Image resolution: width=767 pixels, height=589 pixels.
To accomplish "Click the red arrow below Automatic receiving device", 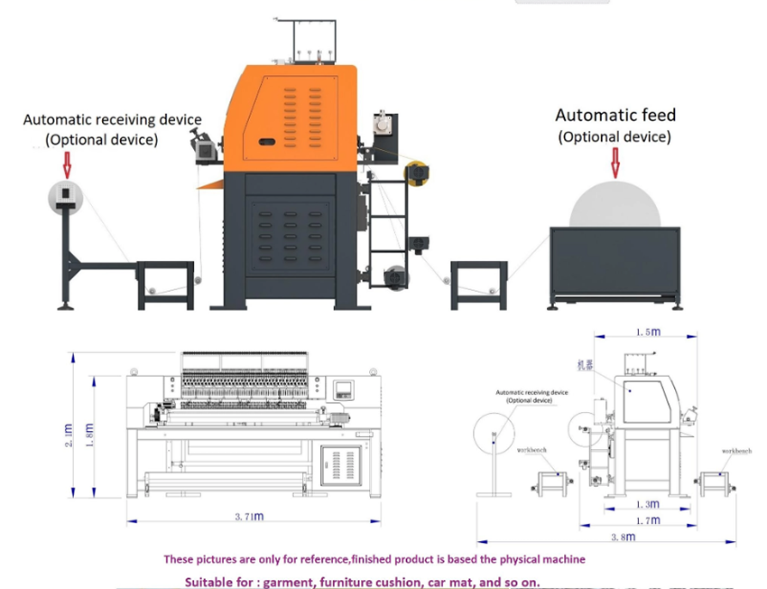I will (67, 164).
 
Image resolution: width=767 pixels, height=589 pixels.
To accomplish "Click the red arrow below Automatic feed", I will (615, 163).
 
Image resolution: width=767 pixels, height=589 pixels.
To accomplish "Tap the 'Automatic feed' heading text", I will (615, 116).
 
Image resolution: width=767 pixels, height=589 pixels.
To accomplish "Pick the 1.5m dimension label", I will (646, 332).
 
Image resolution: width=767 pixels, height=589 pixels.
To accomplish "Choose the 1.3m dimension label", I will (647, 503).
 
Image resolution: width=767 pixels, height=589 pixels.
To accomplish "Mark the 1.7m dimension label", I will (647, 520).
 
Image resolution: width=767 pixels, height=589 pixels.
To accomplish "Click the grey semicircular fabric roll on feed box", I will (615, 206).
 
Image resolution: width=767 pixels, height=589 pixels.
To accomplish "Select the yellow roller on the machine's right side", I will (417, 173).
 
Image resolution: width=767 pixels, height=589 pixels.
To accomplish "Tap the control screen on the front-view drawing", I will (344, 391).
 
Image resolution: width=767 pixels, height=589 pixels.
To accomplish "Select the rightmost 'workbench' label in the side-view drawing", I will (736, 450).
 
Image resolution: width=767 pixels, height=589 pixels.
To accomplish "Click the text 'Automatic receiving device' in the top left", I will (112, 119).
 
